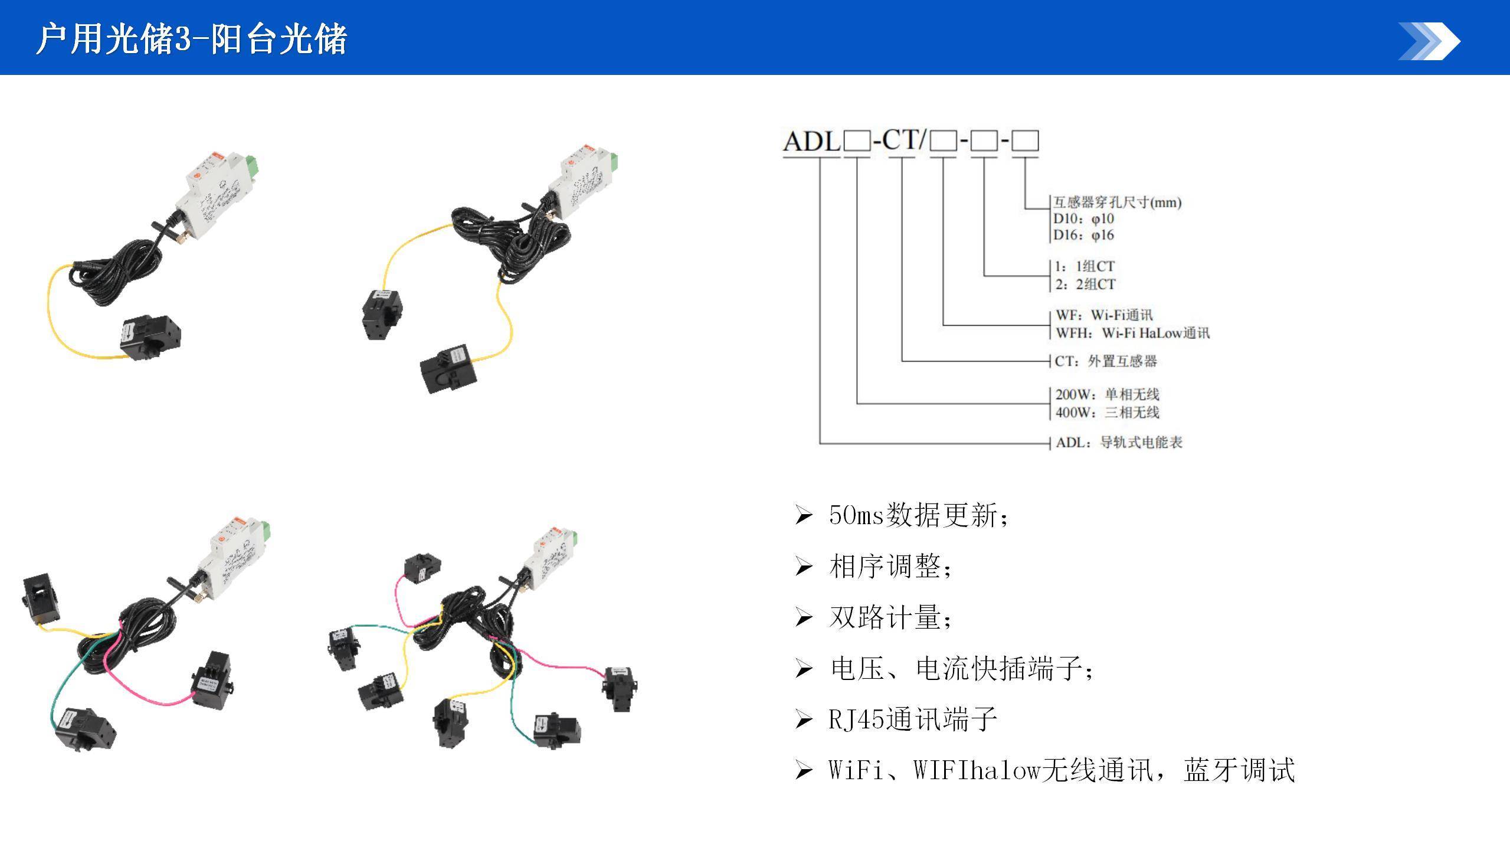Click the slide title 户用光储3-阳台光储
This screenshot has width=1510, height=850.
pos(191,40)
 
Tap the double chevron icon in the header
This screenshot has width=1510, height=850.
pos(1429,41)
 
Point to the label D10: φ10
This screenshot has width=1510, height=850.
pos(1083,219)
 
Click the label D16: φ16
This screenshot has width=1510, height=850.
pos(1083,236)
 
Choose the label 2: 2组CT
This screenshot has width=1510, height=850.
pos(1085,285)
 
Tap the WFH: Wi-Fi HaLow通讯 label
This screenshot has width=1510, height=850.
pos(1132,334)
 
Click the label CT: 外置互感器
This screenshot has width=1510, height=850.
pos(1106,361)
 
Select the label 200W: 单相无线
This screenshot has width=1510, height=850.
pos(1107,394)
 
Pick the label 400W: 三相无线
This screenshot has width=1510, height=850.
pos(1107,412)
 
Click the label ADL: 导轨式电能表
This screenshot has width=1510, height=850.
pos(1119,443)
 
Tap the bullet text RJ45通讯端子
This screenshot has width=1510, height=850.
pos(913,720)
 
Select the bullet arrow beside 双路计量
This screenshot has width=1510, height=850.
pos(804,618)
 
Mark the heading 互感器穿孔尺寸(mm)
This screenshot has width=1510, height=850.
pos(1118,202)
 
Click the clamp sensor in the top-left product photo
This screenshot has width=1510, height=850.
pos(151,338)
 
